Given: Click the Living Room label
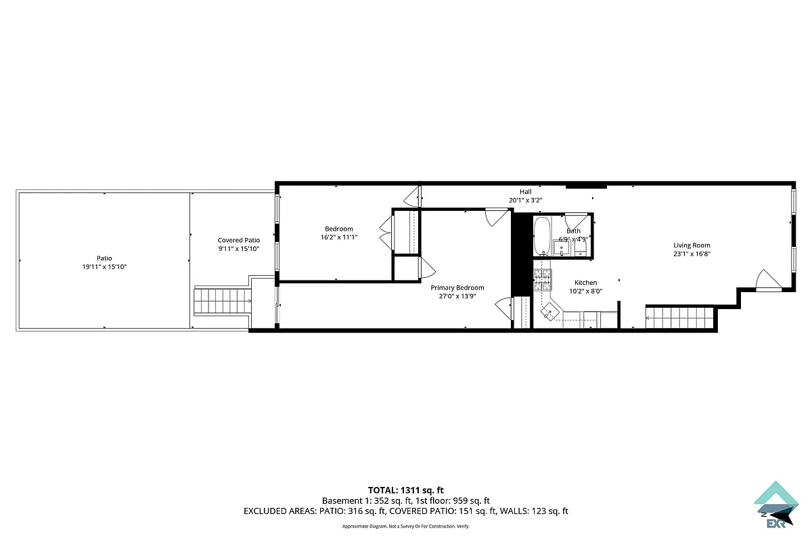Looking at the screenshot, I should pyautogui.click(x=692, y=245).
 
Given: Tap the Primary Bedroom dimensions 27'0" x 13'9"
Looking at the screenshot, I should pyautogui.click(x=457, y=296).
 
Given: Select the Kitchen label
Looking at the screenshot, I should pyautogui.click(x=585, y=283).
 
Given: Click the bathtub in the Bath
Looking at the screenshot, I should pyautogui.click(x=542, y=235).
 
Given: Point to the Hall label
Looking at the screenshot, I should pyautogui.click(x=526, y=192).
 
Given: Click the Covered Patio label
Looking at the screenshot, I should pyautogui.click(x=238, y=240).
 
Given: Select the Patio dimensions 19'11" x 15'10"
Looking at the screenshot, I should pyautogui.click(x=104, y=267).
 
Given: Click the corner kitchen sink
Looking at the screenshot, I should pyautogui.click(x=549, y=312).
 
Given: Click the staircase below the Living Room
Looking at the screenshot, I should pyautogui.click(x=679, y=317).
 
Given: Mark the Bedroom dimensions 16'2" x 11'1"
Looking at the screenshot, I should pyautogui.click(x=339, y=237).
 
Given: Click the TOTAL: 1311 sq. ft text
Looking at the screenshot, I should pyautogui.click(x=405, y=490).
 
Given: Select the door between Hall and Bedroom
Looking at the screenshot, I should pyautogui.click(x=412, y=197).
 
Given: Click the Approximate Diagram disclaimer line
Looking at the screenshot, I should pyautogui.click(x=405, y=526).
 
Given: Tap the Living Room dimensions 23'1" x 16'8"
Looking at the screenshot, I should pyautogui.click(x=692, y=254).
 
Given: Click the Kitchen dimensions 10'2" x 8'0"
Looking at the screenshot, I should pyautogui.click(x=585, y=291).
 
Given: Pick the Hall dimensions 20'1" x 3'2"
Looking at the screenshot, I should pyautogui.click(x=526, y=200).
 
